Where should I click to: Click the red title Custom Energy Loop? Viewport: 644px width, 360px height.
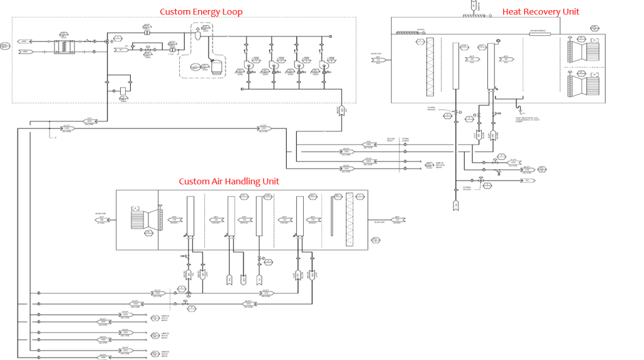tap(201, 12)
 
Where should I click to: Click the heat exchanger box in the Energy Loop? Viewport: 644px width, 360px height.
tap(65, 47)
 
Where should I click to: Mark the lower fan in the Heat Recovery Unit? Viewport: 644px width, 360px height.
tap(585, 81)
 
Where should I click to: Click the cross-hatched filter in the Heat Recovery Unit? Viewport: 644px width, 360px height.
tap(431, 67)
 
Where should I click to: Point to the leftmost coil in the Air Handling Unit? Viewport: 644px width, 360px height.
tap(189, 215)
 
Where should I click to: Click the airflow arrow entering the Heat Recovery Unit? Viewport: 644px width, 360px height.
tap(380, 60)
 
